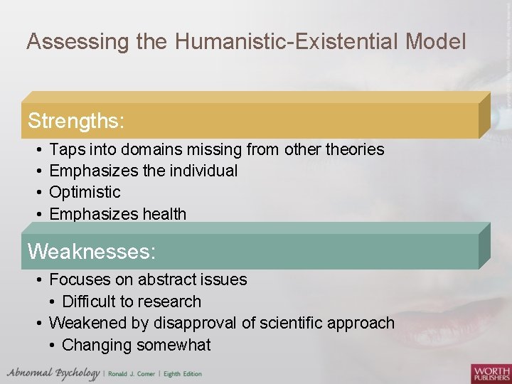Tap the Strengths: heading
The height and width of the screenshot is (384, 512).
[76, 122]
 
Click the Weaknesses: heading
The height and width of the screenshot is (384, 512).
[91, 252]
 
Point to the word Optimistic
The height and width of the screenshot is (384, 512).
[85, 192]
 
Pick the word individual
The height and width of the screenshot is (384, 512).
[203, 171]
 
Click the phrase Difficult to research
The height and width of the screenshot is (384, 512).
[132, 302]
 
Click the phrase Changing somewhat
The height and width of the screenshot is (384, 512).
[137, 345]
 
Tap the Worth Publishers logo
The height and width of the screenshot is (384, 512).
[490, 373]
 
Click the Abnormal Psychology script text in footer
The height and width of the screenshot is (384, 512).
[54, 373]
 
